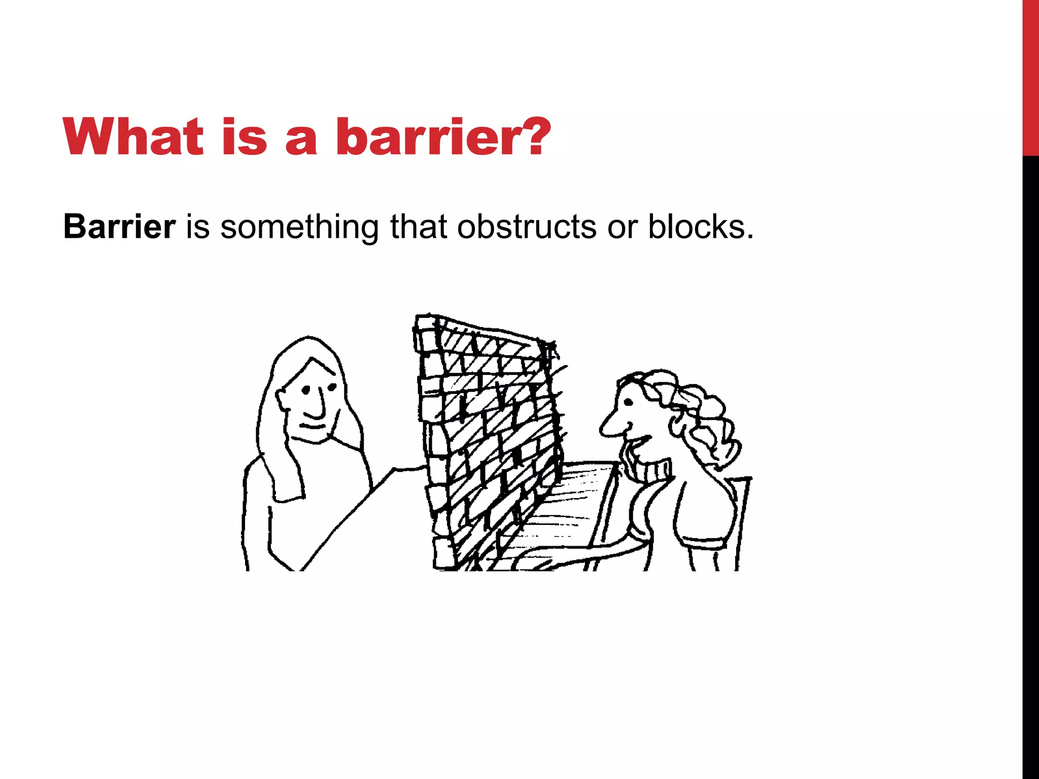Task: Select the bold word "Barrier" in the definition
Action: [119, 227]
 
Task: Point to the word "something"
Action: [299, 227]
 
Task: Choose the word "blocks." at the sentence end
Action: [701, 227]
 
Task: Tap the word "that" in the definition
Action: [419, 227]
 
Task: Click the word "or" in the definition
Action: [621, 227]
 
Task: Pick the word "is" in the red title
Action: [244, 137]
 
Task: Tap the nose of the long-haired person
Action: [317, 406]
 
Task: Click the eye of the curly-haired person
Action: [629, 403]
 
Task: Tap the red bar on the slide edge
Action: [1030, 76]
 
